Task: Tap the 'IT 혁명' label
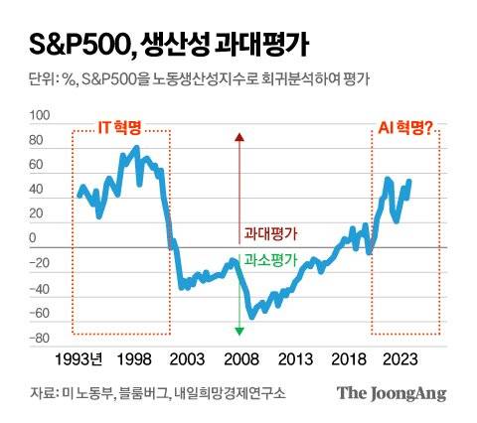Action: [118, 128]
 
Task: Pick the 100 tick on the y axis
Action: [41, 115]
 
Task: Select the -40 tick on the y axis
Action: [40, 289]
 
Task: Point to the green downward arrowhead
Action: [238, 330]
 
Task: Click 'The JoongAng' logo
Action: [390, 393]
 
